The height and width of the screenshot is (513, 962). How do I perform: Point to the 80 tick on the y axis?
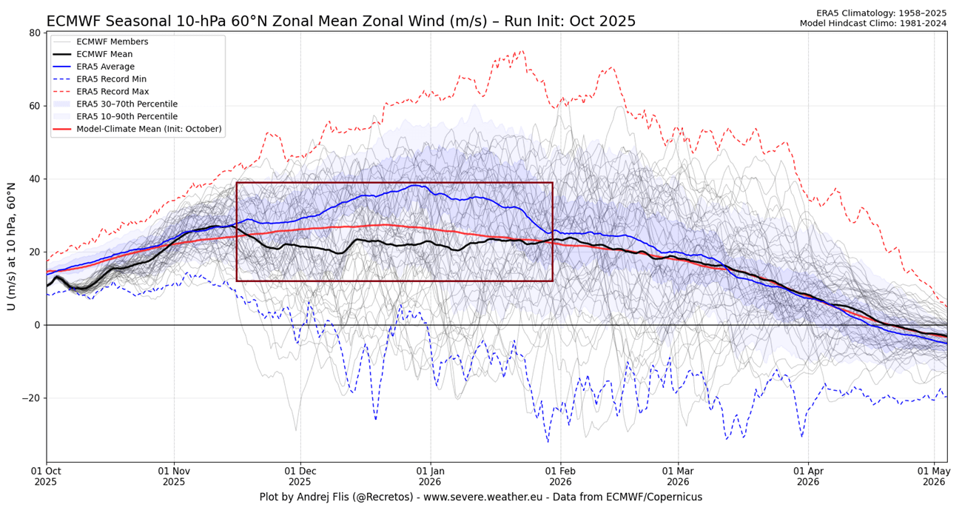pos(34,33)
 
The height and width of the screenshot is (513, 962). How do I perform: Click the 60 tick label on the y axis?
pos(34,106)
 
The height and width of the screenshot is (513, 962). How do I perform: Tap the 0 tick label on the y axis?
pos(37,325)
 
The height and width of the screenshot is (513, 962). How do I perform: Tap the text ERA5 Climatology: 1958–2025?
pos(880,13)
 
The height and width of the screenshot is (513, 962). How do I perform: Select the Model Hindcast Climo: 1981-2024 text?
pos(872,24)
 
